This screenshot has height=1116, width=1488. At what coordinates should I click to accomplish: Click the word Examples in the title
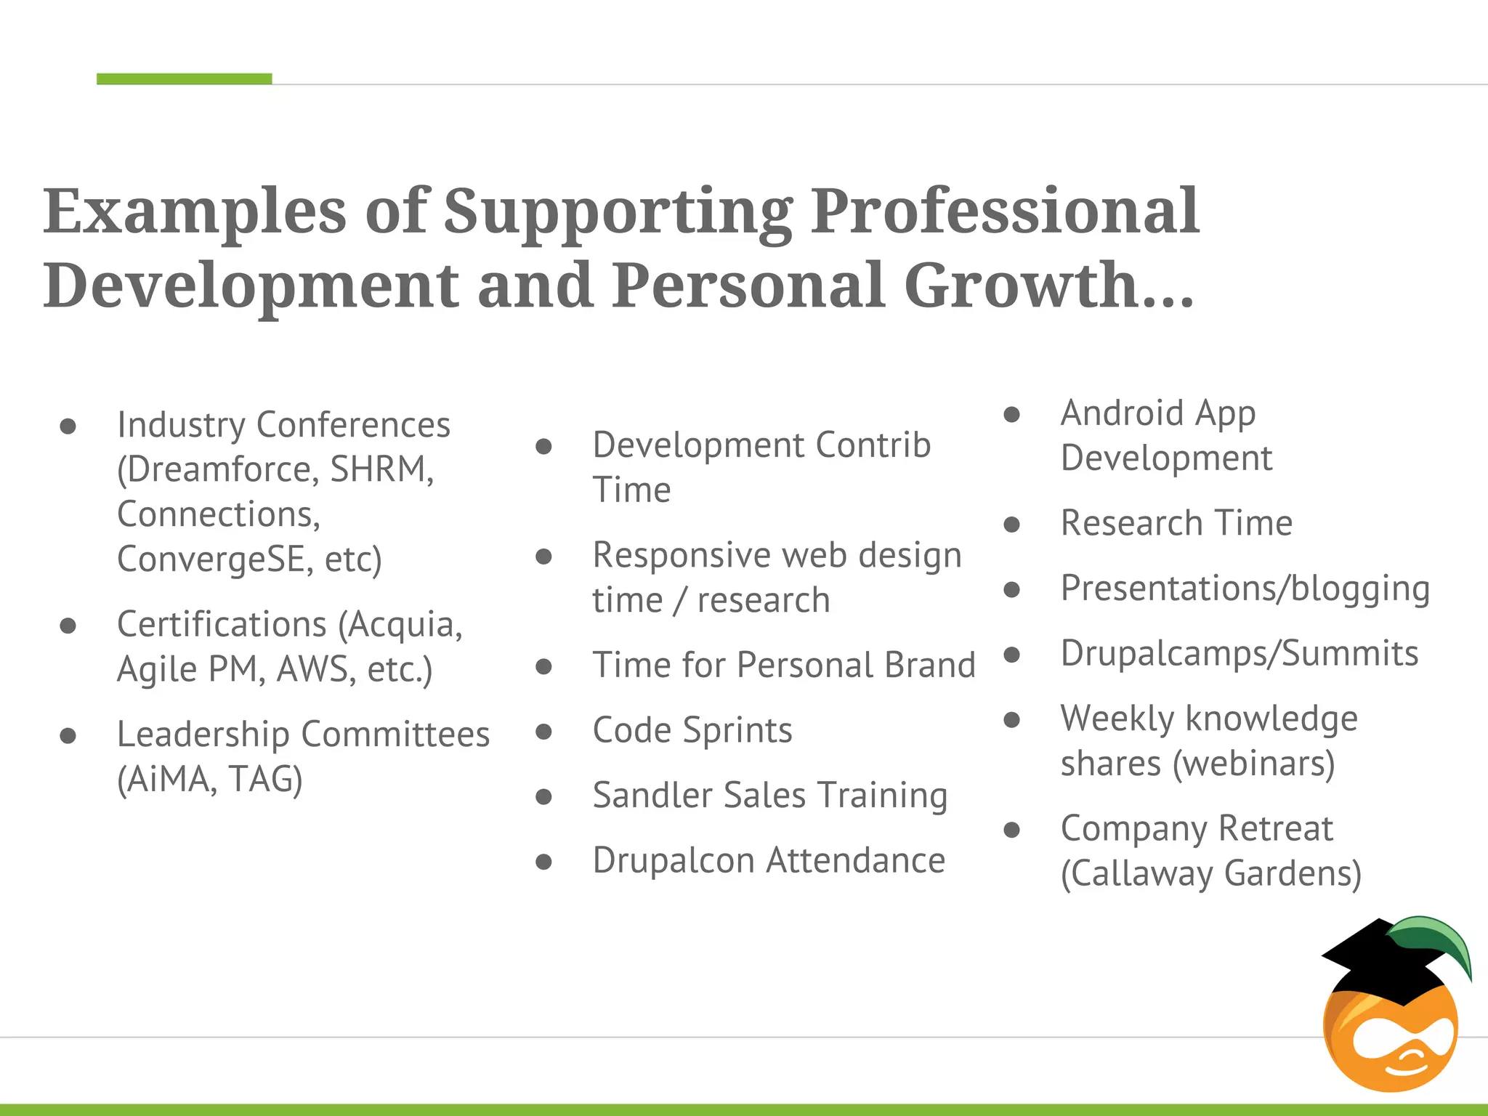tap(195, 212)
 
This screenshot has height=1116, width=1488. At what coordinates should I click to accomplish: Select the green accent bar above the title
tap(184, 78)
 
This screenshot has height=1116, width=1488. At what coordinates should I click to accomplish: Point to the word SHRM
tap(381, 469)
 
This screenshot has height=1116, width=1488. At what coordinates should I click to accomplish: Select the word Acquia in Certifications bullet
tap(404, 625)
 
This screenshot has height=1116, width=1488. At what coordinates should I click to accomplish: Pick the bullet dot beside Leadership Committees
tap(68, 736)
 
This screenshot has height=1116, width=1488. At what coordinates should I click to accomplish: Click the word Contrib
tap(873, 445)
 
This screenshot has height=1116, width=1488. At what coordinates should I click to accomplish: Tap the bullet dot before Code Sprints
tap(543, 731)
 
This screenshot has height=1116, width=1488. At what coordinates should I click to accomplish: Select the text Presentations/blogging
tap(1245, 589)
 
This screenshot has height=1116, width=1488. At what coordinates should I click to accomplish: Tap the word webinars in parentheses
tap(1253, 764)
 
